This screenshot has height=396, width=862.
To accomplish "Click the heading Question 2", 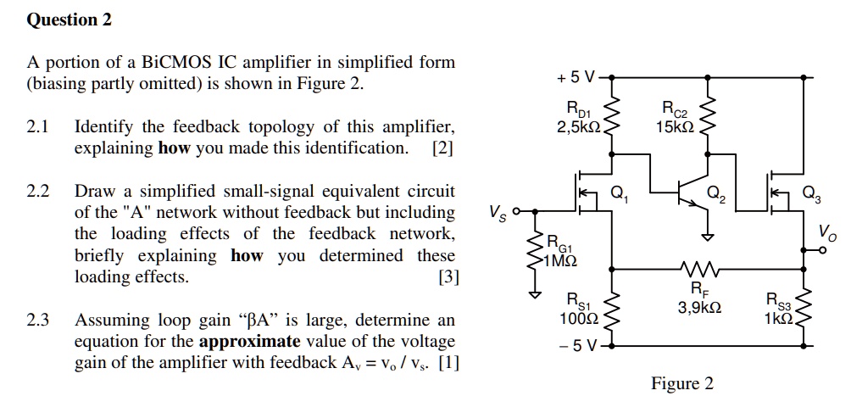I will [x=70, y=20].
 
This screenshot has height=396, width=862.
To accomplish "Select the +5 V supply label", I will [x=577, y=78].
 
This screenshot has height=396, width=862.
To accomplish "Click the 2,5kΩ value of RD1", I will [x=578, y=127].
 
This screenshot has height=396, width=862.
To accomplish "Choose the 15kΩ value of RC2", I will [x=675, y=127].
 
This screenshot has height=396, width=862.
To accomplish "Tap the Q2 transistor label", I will [x=717, y=198].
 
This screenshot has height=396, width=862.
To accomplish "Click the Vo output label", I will [x=827, y=231].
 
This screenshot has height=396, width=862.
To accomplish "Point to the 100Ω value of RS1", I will [x=580, y=319].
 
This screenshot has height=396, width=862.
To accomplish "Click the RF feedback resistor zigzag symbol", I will [x=699, y=271].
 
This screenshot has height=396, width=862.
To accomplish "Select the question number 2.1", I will [x=38, y=127].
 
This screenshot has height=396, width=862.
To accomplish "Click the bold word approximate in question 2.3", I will [x=249, y=342].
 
